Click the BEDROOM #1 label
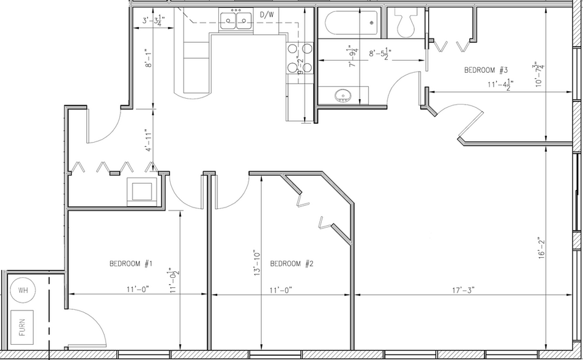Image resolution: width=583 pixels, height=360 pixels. [130, 264]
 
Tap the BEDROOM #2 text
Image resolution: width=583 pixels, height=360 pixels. [292, 264]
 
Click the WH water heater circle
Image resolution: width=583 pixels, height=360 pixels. [23, 290]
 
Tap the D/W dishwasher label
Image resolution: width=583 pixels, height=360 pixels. [267, 15]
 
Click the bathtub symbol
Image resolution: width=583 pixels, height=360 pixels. [350, 24]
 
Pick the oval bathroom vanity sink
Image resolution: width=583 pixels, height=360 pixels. [343, 96]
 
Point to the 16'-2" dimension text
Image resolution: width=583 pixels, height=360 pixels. [540, 250]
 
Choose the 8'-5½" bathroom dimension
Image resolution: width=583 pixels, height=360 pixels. [380, 54]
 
